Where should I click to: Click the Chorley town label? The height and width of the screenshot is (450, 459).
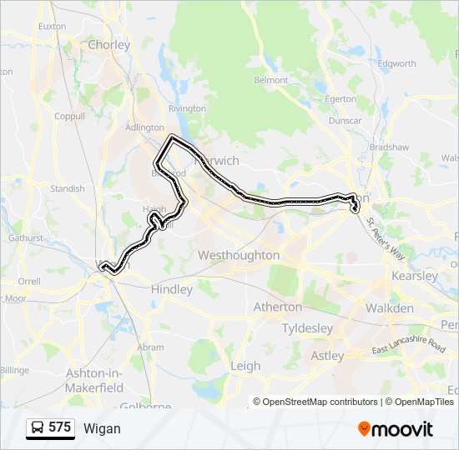[x=109, y=45]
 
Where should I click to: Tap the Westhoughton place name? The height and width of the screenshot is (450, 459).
[x=239, y=256]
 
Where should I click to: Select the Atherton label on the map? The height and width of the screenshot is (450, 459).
[x=278, y=307]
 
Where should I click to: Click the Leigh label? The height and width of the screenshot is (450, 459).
[x=245, y=365]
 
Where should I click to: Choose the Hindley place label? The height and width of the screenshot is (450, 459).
[x=172, y=289]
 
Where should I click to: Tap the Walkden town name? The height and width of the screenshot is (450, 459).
[x=389, y=308]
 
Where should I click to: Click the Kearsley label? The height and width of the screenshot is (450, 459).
[x=414, y=276]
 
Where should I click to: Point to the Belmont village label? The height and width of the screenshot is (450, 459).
[x=271, y=80]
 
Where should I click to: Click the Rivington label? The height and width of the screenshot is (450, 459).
[x=187, y=108]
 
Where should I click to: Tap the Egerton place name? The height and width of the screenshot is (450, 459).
[x=340, y=98]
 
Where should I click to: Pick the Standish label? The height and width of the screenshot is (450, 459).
[x=68, y=188]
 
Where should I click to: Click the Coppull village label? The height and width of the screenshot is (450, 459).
[x=69, y=117]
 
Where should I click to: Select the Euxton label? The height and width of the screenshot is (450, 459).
[x=52, y=26]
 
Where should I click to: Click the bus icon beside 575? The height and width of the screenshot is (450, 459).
[x=38, y=428]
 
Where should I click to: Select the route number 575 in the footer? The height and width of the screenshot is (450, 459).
[x=60, y=427]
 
